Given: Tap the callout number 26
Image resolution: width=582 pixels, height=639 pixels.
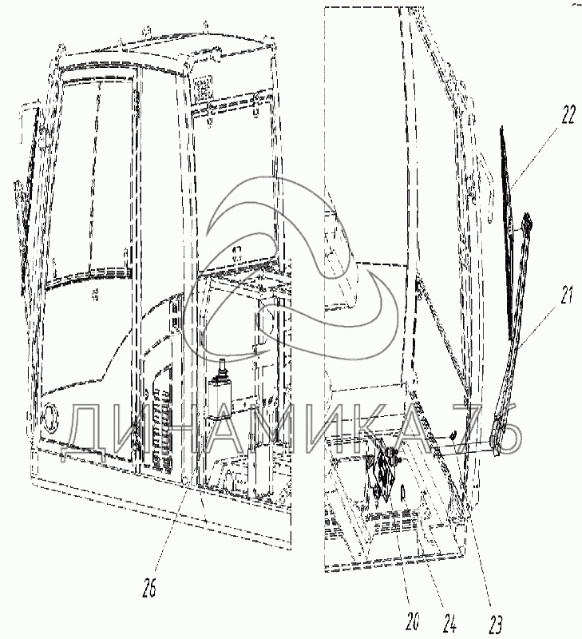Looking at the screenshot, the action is tap(150, 590).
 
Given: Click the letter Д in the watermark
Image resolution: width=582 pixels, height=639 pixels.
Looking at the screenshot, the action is tap(88, 431).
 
